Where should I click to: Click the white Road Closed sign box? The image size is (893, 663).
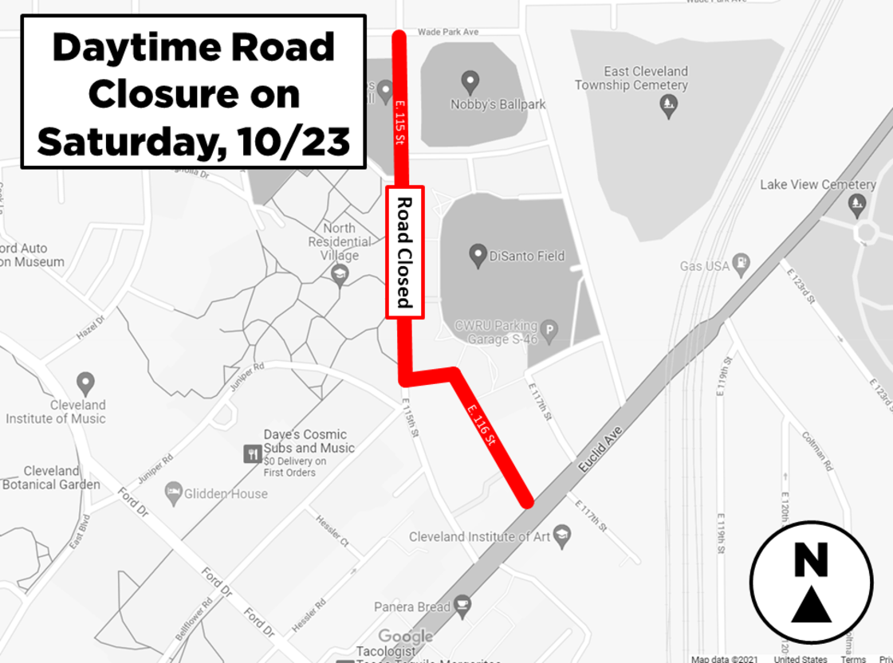click(x=405, y=252)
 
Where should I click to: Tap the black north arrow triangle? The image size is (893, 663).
click(x=811, y=606)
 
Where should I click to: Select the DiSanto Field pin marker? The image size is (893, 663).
click(x=478, y=256)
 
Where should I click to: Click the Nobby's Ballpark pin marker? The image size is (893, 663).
click(x=470, y=81)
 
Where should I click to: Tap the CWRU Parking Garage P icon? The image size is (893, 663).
click(x=549, y=328)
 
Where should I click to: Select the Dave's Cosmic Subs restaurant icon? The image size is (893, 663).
click(x=253, y=454)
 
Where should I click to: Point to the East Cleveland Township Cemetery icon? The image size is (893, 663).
click(x=670, y=104)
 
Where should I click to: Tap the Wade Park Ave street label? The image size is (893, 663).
click(x=448, y=32)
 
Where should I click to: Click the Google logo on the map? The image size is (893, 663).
click(x=405, y=636)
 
